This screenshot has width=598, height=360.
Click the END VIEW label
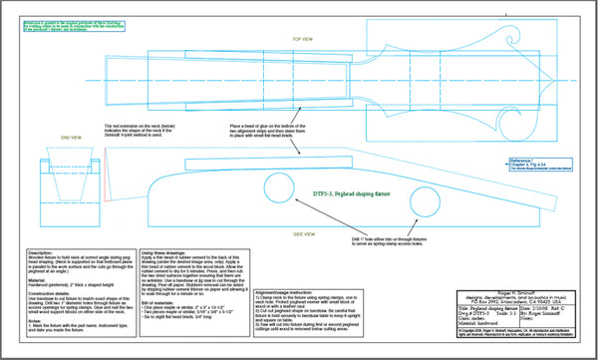tap(72, 137)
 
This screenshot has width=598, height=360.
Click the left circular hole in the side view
tap(282, 186)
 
